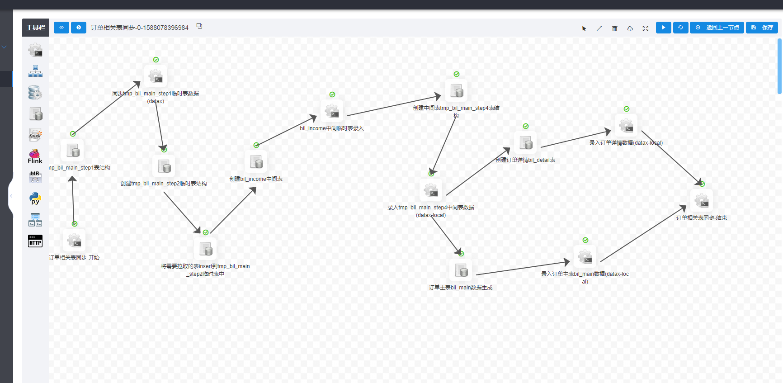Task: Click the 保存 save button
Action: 762,28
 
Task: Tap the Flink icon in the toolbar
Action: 35,156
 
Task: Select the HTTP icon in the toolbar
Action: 35,241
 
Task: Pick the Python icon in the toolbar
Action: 35,199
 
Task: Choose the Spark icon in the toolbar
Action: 35,134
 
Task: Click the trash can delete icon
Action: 614,28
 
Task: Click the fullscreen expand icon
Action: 645,28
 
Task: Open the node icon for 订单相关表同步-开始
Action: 75,241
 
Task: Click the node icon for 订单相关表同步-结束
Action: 702,201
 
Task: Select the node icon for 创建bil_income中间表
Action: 256,162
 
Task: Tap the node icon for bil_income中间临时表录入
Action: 332,111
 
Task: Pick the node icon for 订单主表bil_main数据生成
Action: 461,270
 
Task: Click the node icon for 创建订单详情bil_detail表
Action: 525,143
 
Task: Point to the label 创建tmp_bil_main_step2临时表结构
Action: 164,184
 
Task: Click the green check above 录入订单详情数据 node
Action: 627,109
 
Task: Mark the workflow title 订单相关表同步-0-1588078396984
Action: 139,28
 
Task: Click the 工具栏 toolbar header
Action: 36,28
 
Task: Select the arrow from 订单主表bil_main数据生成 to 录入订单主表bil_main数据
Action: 522,268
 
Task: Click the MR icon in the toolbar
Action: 35,177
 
